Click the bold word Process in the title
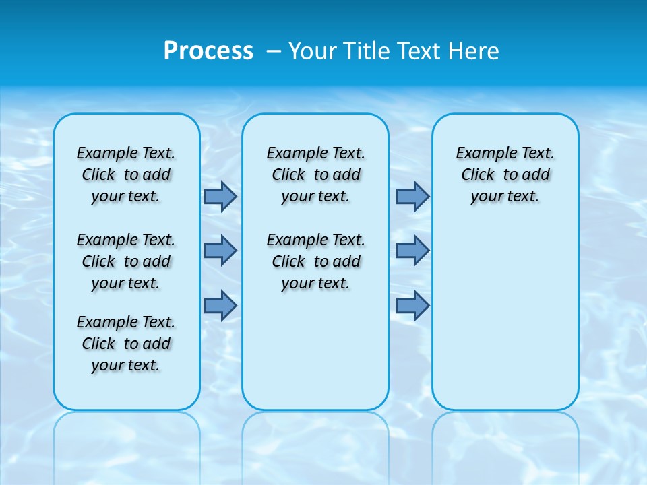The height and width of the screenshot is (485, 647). click(208, 51)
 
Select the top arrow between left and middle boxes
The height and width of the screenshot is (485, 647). click(220, 197)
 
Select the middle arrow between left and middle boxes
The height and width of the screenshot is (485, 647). click(220, 251)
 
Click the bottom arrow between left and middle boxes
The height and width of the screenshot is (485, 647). click(220, 306)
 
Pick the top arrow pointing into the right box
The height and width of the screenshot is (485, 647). click(412, 197)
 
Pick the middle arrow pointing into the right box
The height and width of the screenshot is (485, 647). click(412, 251)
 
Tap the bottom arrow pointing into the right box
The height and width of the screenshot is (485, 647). click(412, 306)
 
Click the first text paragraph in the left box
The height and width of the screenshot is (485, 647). click(126, 174)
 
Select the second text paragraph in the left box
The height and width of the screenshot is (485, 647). click(126, 261)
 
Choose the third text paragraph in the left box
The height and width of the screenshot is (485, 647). click(126, 344)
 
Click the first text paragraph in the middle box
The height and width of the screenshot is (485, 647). click(315, 174)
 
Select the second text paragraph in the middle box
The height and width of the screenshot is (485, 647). click(315, 261)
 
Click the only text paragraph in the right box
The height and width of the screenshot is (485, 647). click(505, 174)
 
